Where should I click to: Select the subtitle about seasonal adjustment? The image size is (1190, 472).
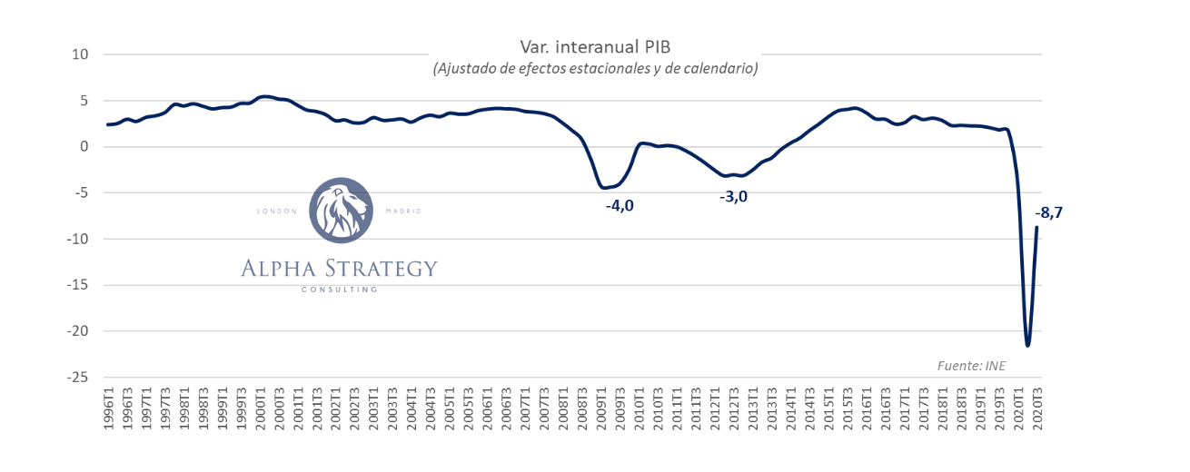(595, 68)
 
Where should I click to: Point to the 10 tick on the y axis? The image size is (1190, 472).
(80, 54)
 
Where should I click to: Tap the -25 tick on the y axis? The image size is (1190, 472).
(77, 377)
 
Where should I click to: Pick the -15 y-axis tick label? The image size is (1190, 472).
(77, 285)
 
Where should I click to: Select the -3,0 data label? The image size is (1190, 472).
(733, 197)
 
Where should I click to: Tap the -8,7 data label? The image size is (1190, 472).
(1049, 212)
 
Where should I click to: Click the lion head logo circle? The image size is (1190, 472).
(341, 211)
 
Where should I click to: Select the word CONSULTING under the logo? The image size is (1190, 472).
(340, 290)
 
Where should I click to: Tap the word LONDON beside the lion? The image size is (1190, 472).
(276, 211)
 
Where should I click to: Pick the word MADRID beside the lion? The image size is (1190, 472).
(403, 211)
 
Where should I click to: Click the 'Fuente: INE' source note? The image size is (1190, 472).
(972, 366)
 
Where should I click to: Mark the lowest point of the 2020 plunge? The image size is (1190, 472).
(1027, 345)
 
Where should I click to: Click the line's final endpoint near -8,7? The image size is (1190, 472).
(1037, 227)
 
